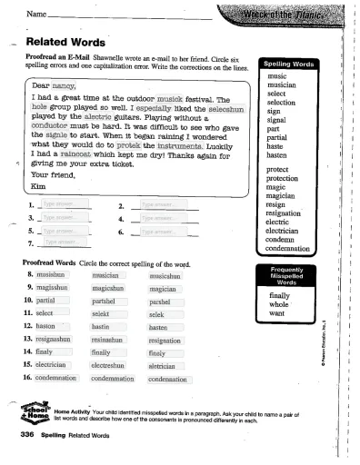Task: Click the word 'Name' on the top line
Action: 36,15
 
